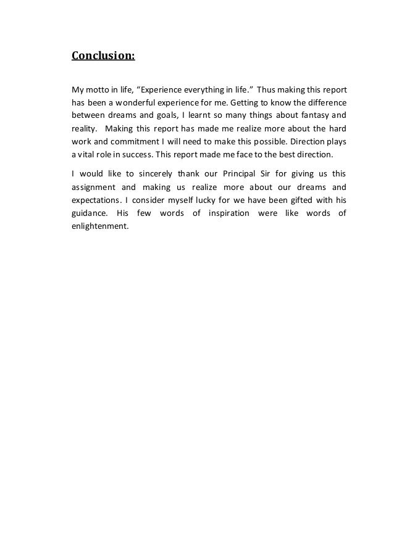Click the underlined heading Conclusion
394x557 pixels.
pyautogui.click(x=103, y=57)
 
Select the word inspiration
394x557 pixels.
pyautogui.click(x=225, y=213)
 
